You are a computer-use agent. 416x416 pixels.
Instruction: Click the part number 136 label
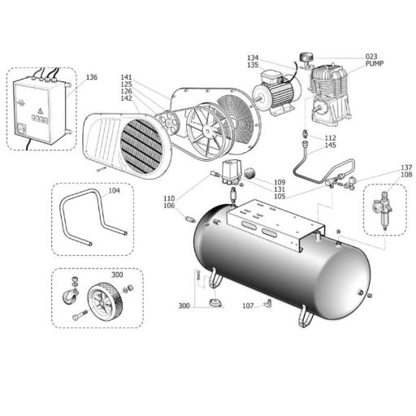pyautogui.click(x=92, y=77)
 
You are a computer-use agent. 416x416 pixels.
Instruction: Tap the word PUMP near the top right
pyautogui.click(x=375, y=63)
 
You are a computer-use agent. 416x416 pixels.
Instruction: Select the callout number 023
pyautogui.click(x=371, y=57)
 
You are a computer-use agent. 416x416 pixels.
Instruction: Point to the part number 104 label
pyautogui.click(x=114, y=191)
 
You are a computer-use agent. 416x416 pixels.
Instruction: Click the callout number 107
pyautogui.click(x=248, y=305)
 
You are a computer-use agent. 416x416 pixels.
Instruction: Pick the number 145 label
pyautogui.click(x=331, y=145)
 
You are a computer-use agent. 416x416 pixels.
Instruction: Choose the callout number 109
pyautogui.click(x=279, y=182)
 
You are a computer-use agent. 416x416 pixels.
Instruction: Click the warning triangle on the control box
pyautogui.click(x=40, y=110)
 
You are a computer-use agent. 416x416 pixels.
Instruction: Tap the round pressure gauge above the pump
pyautogui.click(x=306, y=57)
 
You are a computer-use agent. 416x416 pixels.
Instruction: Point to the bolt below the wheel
pyautogui.click(x=80, y=315)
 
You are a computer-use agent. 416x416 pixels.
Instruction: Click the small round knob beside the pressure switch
pyautogui.click(x=250, y=173)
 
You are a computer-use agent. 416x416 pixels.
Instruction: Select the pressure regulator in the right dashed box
pyautogui.click(x=383, y=209)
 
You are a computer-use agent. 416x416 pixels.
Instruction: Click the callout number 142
pyautogui.click(x=126, y=98)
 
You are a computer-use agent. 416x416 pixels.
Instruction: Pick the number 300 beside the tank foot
pyautogui.click(x=184, y=306)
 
